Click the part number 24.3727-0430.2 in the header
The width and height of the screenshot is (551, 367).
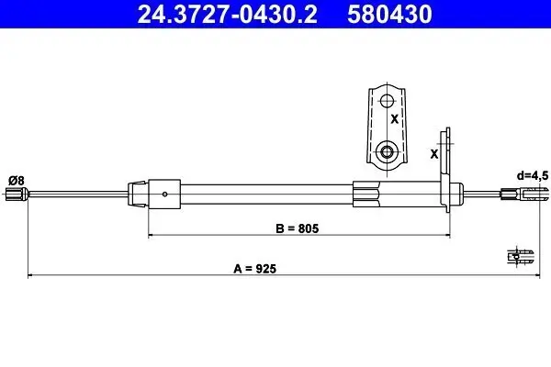coord(227,14)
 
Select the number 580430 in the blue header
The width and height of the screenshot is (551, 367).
coord(389,14)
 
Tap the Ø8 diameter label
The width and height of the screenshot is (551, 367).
coord(17,181)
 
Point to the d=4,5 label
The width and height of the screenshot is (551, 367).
coord(533,175)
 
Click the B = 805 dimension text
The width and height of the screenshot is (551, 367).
coord(298,228)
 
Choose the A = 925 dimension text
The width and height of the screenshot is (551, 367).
coord(254,269)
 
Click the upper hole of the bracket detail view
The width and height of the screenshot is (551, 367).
coord(387,101)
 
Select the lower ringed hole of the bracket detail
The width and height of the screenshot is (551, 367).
coord(387,152)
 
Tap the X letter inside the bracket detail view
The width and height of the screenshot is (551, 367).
coord(395,119)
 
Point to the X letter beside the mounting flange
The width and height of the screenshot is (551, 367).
coord(434,154)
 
